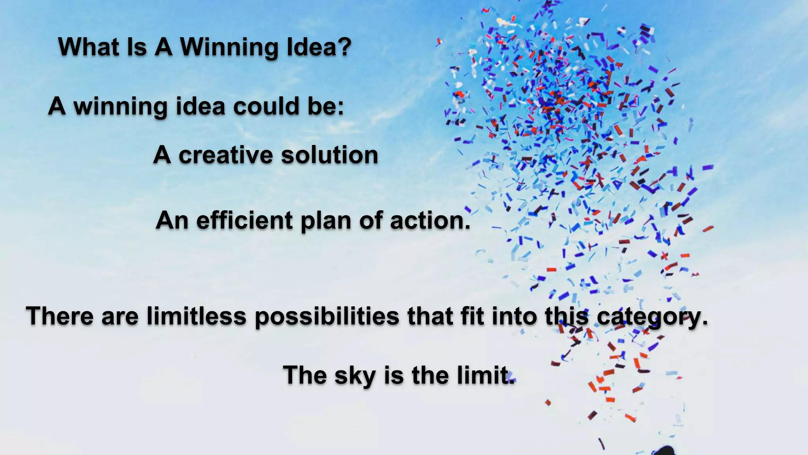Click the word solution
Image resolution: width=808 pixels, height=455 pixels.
(x=329, y=155)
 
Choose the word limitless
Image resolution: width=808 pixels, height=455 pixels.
(x=196, y=316)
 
